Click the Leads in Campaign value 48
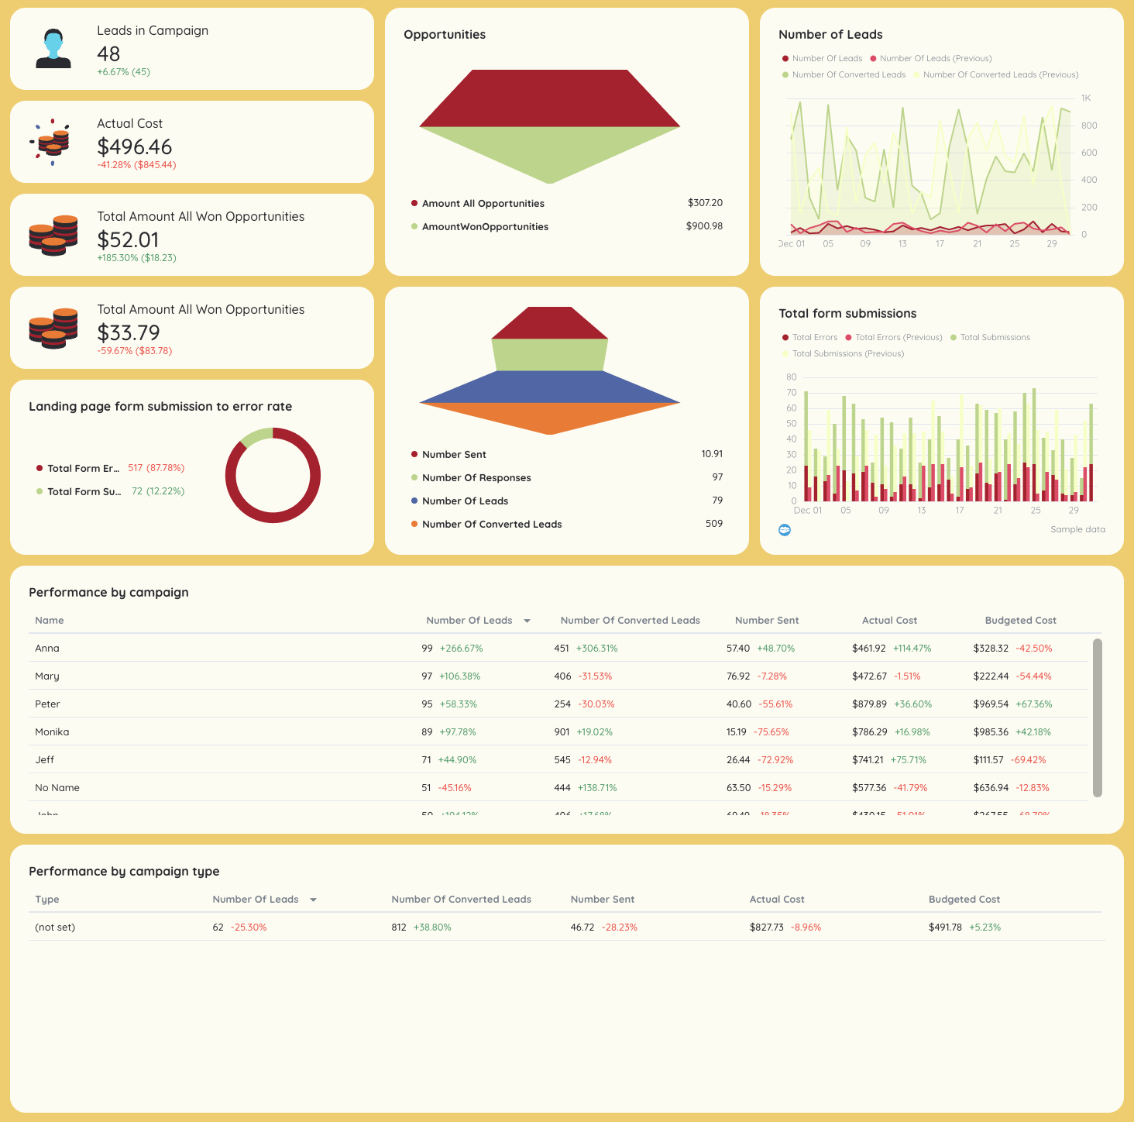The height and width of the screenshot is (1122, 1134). (x=108, y=53)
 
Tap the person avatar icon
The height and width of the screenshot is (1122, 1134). (x=53, y=49)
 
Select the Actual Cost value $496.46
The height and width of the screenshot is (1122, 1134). (x=134, y=146)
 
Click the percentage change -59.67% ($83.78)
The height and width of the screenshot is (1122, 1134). (x=134, y=351)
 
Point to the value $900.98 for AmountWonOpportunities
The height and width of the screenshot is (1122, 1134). (x=703, y=226)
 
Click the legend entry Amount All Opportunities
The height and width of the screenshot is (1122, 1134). (x=483, y=204)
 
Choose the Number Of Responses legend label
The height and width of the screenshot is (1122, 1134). (x=476, y=478)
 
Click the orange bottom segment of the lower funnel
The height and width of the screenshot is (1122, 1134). (x=549, y=417)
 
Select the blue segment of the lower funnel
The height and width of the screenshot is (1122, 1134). (x=549, y=387)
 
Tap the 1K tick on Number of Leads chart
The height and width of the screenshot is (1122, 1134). (x=1085, y=98)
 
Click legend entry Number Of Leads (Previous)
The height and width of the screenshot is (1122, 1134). (x=935, y=59)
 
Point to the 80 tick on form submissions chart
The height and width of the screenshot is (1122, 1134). (x=791, y=377)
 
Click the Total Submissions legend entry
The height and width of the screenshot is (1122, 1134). (x=995, y=338)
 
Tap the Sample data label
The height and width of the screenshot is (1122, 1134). (x=1077, y=530)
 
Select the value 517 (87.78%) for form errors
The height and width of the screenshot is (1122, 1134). (x=156, y=468)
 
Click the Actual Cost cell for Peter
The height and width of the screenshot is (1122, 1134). (x=869, y=704)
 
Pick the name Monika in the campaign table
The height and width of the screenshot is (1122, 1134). (x=52, y=732)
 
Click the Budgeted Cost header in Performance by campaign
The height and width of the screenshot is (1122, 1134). (x=1020, y=621)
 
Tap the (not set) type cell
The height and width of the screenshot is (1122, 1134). (x=55, y=928)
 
